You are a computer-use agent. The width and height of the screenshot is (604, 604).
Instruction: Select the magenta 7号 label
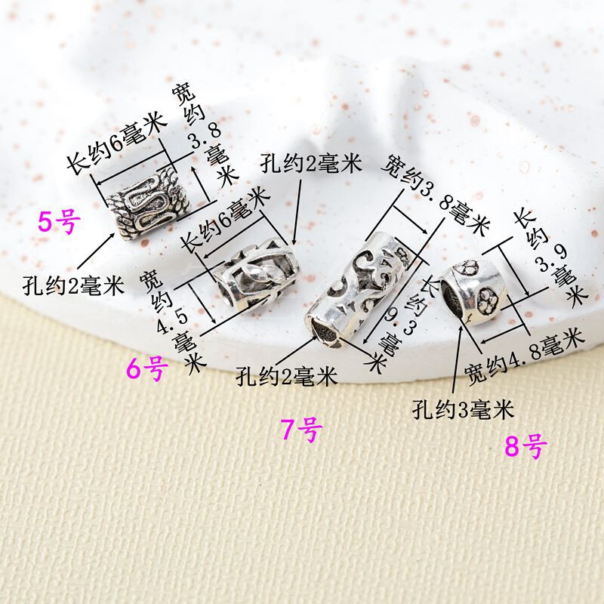[301, 430]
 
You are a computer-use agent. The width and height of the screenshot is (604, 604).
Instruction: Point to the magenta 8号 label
[524, 447]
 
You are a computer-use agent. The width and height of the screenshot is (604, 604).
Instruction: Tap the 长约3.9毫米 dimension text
[550, 257]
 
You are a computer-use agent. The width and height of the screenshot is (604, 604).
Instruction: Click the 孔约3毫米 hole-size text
[463, 410]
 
